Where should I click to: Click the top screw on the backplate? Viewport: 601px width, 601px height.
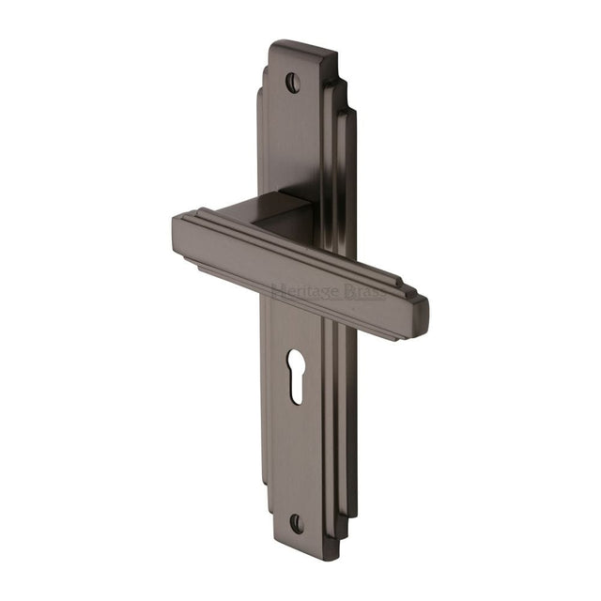coord(293,83)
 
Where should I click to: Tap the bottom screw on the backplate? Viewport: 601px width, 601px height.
coord(297,522)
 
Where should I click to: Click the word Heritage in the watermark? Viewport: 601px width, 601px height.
coord(302,292)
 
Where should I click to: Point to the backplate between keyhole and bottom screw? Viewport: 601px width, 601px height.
coord(297,460)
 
